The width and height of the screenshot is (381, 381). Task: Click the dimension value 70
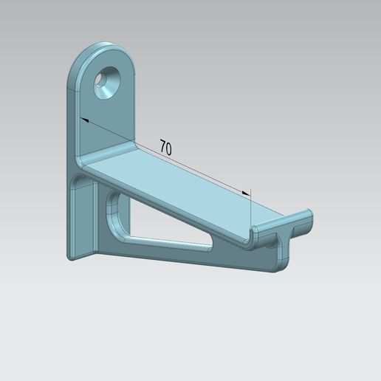point(165,148)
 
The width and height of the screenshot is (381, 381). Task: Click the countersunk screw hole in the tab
point(106,83)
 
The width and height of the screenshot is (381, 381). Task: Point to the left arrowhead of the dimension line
point(83,119)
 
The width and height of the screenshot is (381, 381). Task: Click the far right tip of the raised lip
point(312,215)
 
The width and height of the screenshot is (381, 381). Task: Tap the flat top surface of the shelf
point(177,185)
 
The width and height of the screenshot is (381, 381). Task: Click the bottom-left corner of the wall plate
point(70,258)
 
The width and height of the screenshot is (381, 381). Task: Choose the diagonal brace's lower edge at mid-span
point(177,254)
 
